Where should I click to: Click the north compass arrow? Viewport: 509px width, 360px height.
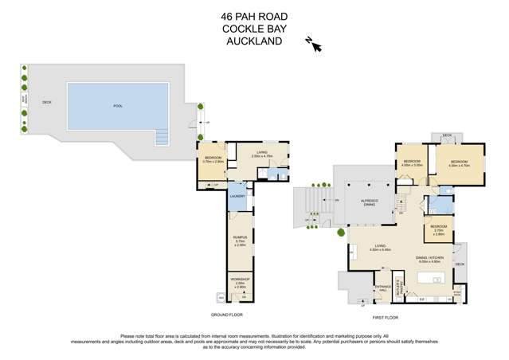tap(314, 45)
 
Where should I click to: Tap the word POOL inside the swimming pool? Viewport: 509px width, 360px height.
tap(117, 106)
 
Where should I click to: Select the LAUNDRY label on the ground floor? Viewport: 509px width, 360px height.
tap(237, 196)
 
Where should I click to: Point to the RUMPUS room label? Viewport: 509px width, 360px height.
tap(240, 237)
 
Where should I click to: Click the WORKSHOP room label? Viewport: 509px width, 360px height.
tap(240, 280)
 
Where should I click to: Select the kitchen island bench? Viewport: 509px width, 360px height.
tap(432, 278)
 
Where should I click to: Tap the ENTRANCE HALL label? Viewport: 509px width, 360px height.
tap(382, 289)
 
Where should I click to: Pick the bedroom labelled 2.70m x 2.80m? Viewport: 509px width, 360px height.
tap(439, 229)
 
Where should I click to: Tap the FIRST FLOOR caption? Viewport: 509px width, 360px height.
tap(385, 317)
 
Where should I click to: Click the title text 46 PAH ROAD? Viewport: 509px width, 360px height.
tap(253, 15)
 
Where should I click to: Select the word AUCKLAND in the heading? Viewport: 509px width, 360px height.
tap(253, 41)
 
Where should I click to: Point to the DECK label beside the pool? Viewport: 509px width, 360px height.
tap(46, 102)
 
